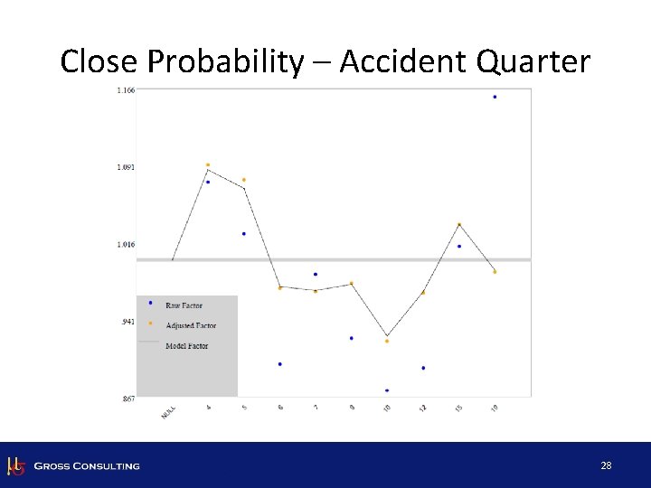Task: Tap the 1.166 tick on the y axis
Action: pyautogui.click(x=126, y=89)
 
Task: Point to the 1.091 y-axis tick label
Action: pyautogui.click(x=126, y=167)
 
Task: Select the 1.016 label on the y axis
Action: pyautogui.click(x=126, y=244)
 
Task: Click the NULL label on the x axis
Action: pyautogui.click(x=168, y=411)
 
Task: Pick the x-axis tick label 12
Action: pyautogui.click(x=422, y=408)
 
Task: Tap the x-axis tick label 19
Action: pyautogui.click(x=494, y=408)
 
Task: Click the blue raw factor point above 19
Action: pyautogui.click(x=495, y=97)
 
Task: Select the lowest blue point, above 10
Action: pyautogui.click(x=387, y=390)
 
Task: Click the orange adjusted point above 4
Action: pyautogui.click(x=208, y=165)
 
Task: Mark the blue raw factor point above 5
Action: pyautogui.click(x=244, y=234)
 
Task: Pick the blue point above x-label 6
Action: pyautogui.click(x=280, y=364)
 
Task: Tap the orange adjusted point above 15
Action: pyautogui.click(x=459, y=225)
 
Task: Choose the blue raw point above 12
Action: pyautogui.click(x=423, y=368)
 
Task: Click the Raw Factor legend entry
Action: pyautogui.click(x=184, y=306)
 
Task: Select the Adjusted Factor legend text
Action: pyautogui.click(x=191, y=325)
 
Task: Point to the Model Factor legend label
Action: pyautogui.click(x=186, y=346)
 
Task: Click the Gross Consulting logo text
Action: pyautogui.click(x=87, y=466)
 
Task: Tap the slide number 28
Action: pyautogui.click(x=606, y=466)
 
